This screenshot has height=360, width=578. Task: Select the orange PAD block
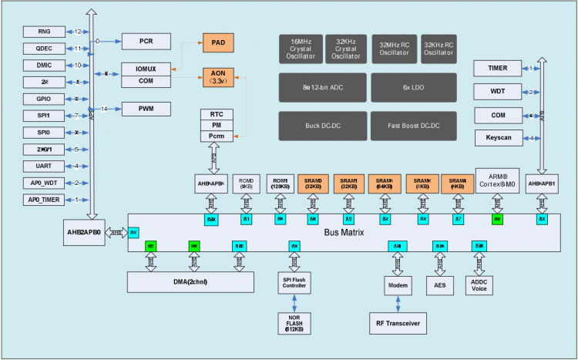coord(217,43)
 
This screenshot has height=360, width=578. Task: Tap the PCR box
coord(144,41)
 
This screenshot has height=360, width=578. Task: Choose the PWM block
coord(144,109)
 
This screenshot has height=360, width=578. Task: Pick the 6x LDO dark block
coord(413,87)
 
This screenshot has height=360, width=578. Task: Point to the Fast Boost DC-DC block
coord(413,125)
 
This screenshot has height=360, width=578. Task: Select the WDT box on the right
coord(497,93)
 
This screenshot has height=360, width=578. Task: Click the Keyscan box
coord(497,138)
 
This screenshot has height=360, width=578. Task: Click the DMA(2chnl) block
coord(190,282)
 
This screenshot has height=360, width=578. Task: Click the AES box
coord(441,284)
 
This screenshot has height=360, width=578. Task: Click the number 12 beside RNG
coord(79,32)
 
